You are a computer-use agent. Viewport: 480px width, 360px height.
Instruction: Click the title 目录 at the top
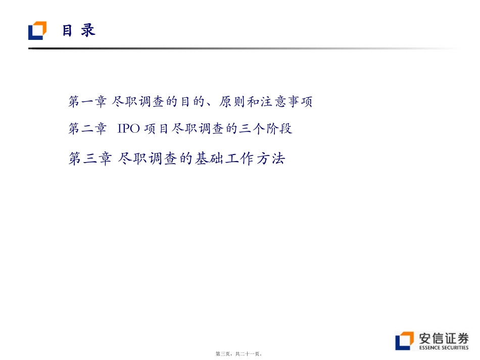pyautogui.click(x=79, y=30)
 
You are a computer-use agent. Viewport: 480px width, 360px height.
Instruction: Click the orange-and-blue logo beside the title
pyautogui.click(x=37, y=30)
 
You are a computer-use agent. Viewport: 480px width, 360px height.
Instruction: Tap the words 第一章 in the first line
pyautogui.click(x=87, y=101)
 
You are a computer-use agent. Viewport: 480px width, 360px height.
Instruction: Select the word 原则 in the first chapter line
pyautogui.click(x=232, y=101)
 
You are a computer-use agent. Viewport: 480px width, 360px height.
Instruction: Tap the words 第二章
pyautogui.click(x=87, y=129)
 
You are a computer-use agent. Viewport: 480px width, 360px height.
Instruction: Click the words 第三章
pyautogui.click(x=89, y=159)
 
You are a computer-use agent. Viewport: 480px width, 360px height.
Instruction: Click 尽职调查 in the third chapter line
pyautogui.click(x=148, y=159)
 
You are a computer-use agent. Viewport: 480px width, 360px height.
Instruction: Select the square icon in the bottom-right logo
pyautogui.click(x=404, y=341)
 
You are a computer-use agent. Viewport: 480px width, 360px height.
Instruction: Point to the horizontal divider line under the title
pyautogui.click(x=243, y=48)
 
